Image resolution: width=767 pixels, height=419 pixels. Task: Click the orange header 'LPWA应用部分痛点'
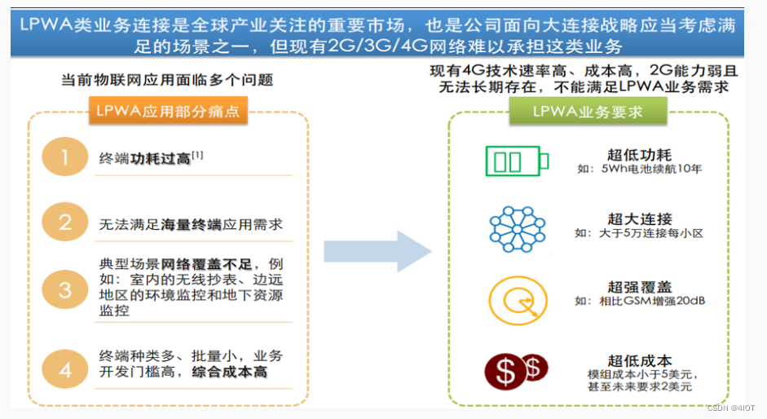click(168, 111)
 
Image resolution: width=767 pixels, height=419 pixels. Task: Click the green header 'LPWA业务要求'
click(588, 111)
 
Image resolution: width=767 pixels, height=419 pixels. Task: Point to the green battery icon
click(517, 161)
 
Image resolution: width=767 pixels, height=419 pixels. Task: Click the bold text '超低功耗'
click(639, 154)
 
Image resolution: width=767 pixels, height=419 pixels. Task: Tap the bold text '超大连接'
click(639, 218)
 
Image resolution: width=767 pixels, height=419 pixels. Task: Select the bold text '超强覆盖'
click(639, 286)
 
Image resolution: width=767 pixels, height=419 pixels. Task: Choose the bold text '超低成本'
click(639, 359)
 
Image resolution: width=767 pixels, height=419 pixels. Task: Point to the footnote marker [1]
click(197, 153)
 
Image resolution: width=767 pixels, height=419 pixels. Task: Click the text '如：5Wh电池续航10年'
click(639, 170)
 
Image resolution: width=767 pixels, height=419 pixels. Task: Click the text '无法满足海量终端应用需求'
click(191, 223)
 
